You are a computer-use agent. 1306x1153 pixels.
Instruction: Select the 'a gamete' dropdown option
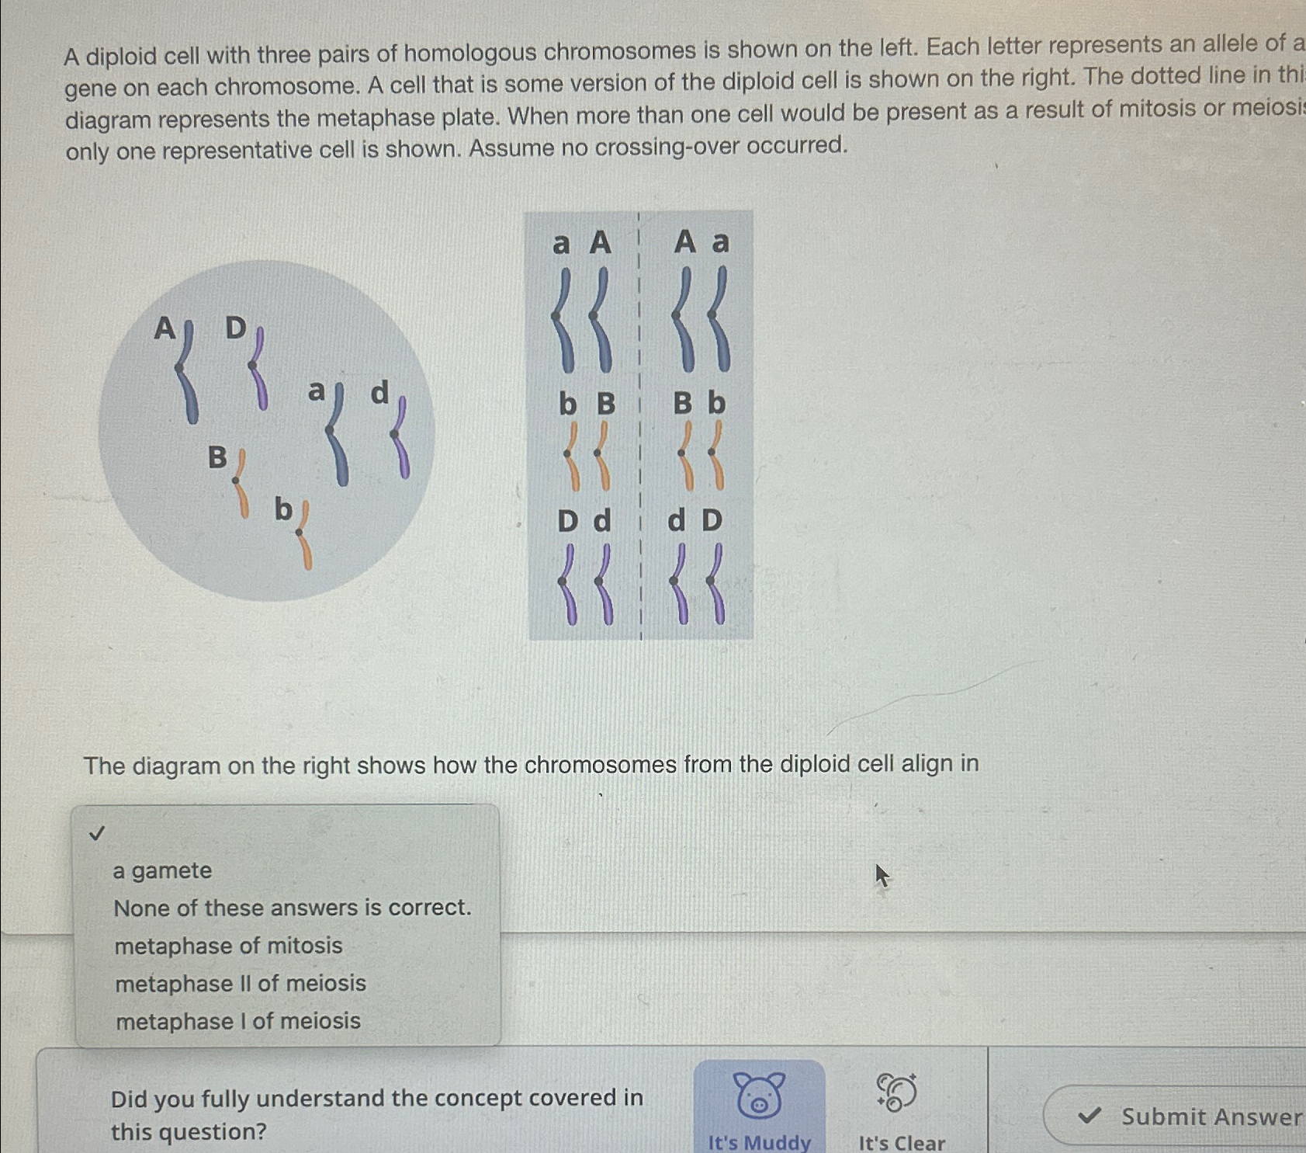point(162,870)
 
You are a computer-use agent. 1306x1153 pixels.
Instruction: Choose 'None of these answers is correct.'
point(292,908)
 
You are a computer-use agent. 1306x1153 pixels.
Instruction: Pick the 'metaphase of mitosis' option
point(228,946)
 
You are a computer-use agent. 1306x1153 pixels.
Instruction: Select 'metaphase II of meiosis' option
point(240,983)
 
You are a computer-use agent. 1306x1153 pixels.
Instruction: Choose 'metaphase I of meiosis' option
point(237,1021)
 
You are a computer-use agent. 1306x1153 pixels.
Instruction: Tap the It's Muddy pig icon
point(759,1095)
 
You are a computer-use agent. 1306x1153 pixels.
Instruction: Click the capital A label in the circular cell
point(164,328)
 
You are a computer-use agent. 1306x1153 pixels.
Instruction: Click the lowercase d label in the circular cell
point(379,393)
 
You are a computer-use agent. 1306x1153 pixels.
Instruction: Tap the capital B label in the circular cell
point(217,457)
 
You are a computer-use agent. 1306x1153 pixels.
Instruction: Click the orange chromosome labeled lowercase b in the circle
point(303,536)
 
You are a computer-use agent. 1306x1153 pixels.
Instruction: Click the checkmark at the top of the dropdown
point(96,834)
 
